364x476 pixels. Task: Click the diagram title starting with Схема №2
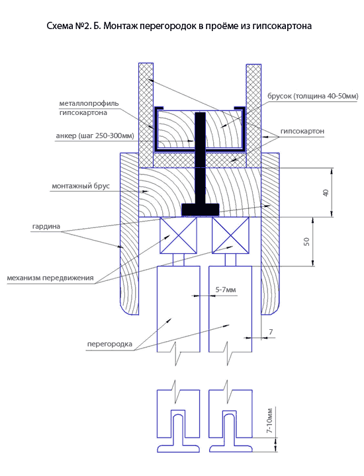(x=179, y=26)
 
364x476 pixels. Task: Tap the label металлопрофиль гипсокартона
(x=89, y=108)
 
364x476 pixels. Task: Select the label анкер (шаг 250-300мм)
(x=95, y=136)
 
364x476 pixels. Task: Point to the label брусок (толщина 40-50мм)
(x=312, y=97)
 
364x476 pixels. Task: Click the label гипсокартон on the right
(x=302, y=131)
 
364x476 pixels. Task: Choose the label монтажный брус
(x=81, y=186)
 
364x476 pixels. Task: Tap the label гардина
(x=46, y=227)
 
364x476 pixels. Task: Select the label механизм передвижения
(x=50, y=278)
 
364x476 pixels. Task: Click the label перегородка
(x=110, y=344)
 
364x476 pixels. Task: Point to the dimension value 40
(x=326, y=193)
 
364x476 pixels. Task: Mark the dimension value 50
(x=306, y=242)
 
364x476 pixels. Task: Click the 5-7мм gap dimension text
(x=226, y=290)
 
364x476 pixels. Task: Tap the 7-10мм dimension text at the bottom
(x=269, y=420)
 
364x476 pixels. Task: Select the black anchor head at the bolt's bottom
(x=201, y=209)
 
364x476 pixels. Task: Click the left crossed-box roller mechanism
(x=178, y=235)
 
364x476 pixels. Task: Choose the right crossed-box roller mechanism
(x=230, y=235)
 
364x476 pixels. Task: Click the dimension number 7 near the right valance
(x=271, y=332)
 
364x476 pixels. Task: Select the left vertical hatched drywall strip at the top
(x=146, y=115)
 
